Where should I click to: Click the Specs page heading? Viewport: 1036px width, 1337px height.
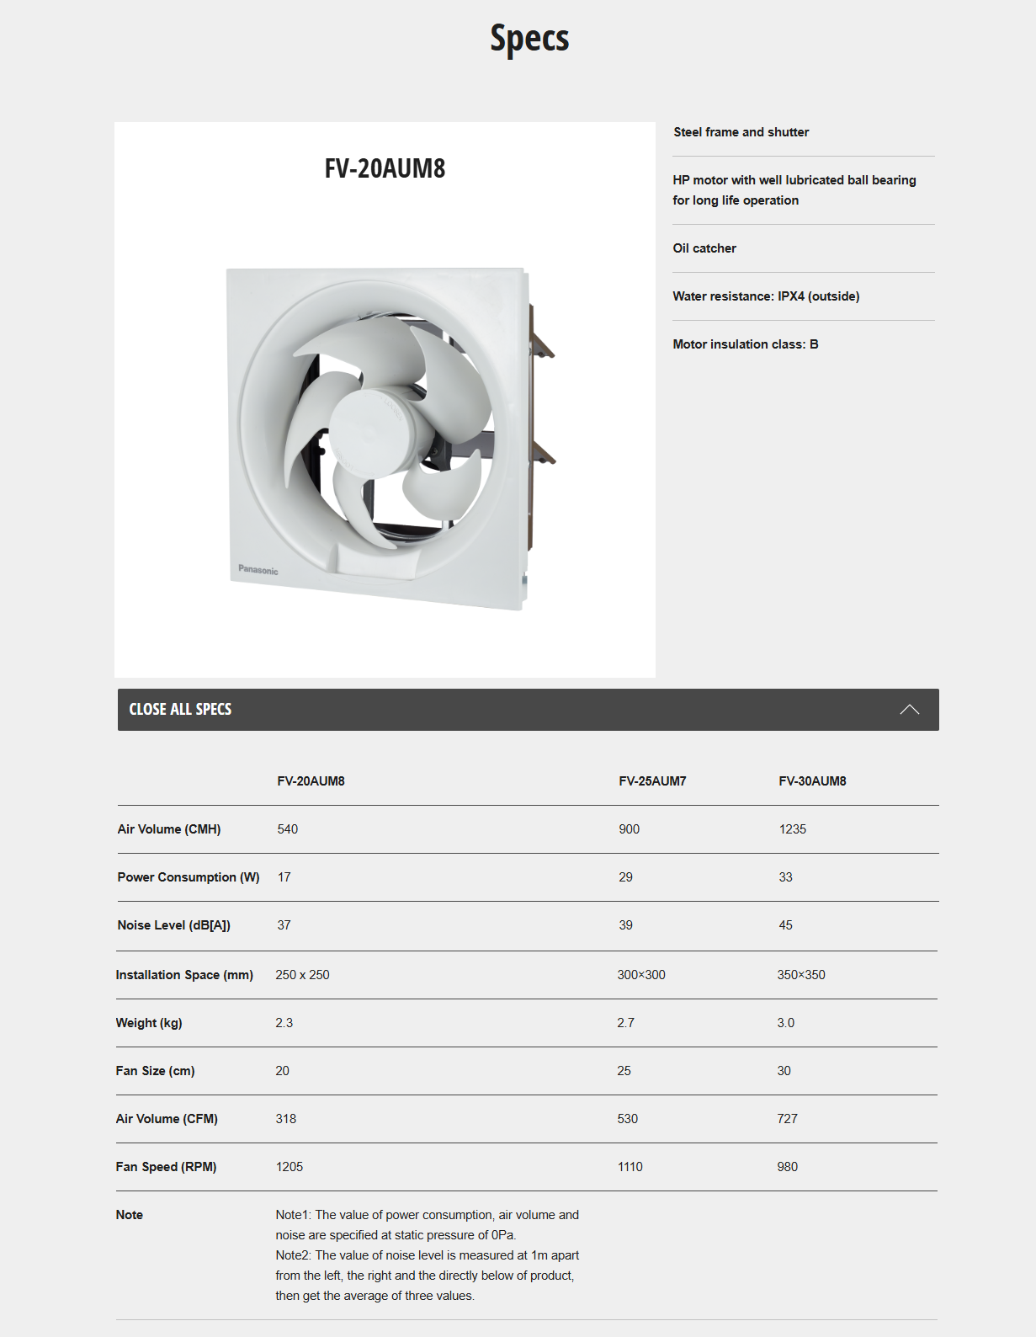click(529, 39)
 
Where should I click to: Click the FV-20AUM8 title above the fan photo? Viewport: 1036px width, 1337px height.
click(385, 168)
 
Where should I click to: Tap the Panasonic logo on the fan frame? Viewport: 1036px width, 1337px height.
click(258, 570)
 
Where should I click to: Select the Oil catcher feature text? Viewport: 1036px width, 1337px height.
click(704, 248)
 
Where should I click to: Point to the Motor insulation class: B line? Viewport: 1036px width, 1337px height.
click(745, 344)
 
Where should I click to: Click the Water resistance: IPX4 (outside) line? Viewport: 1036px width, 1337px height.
click(766, 296)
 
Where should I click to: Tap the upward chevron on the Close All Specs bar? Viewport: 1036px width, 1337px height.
click(909, 710)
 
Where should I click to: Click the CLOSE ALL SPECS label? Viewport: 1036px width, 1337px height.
click(180, 710)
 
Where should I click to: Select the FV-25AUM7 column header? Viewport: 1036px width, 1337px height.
click(652, 781)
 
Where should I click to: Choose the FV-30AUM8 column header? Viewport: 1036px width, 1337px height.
click(812, 781)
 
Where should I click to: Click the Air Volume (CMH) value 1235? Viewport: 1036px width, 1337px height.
click(792, 829)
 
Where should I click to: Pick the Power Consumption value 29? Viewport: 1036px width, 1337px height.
click(625, 877)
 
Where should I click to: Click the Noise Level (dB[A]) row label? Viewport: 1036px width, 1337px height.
click(174, 925)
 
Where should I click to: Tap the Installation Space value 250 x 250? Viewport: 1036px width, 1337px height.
click(302, 975)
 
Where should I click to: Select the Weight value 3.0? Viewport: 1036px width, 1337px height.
click(785, 1023)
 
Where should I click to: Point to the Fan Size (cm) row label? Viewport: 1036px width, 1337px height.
click(155, 1071)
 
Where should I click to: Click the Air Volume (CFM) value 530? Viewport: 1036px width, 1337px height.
click(627, 1119)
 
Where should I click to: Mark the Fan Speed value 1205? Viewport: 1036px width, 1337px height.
click(289, 1167)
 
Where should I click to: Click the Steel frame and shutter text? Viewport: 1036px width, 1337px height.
click(741, 132)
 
